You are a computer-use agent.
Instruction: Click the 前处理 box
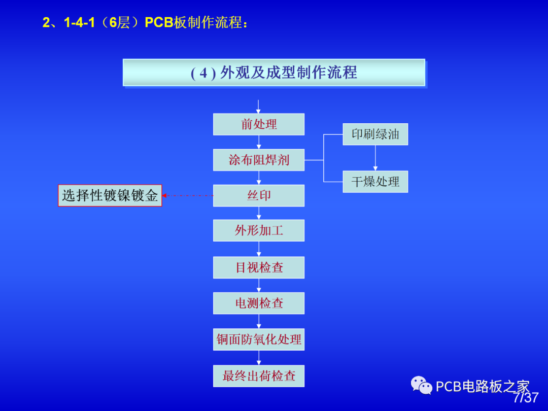tap(259, 124)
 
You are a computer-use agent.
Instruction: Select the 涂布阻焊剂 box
tap(259, 160)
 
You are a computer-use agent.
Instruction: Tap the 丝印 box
tap(259, 195)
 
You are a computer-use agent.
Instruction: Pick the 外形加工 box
tap(259, 230)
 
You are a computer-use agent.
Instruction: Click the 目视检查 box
tap(259, 267)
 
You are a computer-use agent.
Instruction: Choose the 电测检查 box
tap(259, 303)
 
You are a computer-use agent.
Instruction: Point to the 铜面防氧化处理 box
tap(259, 339)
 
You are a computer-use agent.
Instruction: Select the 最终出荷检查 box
tap(259, 376)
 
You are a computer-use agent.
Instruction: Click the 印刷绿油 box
tap(375, 134)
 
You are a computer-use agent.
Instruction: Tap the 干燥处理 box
tap(375, 182)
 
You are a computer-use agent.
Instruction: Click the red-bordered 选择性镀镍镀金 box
tap(110, 195)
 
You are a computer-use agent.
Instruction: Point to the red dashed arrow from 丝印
tap(188, 195)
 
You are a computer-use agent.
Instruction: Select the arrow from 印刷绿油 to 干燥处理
tap(375, 158)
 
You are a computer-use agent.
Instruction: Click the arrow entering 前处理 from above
tap(258, 107)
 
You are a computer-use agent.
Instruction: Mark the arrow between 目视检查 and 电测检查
tap(259, 286)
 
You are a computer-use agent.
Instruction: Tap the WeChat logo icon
tap(422, 386)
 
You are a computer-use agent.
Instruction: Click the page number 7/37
tap(526, 398)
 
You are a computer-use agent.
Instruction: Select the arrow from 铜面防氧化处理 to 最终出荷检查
tap(259, 358)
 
